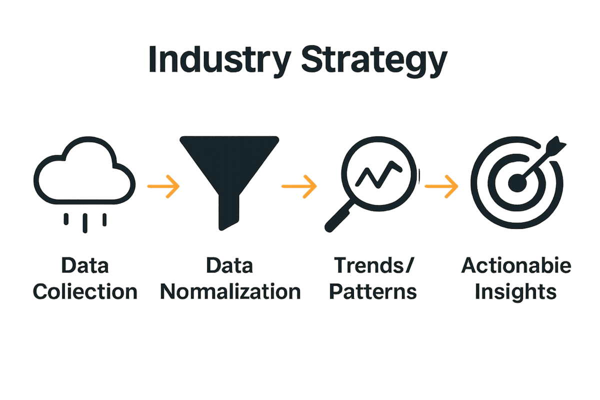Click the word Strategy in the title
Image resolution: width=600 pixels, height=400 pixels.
(x=374, y=61)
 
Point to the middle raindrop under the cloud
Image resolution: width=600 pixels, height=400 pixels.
(x=85, y=223)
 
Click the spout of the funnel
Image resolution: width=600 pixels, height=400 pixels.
(x=229, y=212)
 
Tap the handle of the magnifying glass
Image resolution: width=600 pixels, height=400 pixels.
(x=338, y=216)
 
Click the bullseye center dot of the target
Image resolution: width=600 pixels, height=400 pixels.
(x=517, y=183)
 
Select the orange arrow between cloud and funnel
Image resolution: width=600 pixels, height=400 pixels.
(x=163, y=186)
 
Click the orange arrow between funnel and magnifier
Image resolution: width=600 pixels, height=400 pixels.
(x=299, y=186)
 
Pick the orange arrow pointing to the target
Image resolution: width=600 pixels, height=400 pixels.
(x=441, y=186)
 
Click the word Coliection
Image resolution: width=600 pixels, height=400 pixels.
(x=85, y=291)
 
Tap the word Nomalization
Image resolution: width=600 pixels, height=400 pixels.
(x=230, y=291)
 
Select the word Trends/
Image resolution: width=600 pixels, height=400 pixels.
(x=374, y=265)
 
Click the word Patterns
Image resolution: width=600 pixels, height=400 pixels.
(x=373, y=291)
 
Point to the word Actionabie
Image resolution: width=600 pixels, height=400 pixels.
(x=516, y=265)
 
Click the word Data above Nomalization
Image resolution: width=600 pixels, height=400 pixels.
(x=229, y=265)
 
